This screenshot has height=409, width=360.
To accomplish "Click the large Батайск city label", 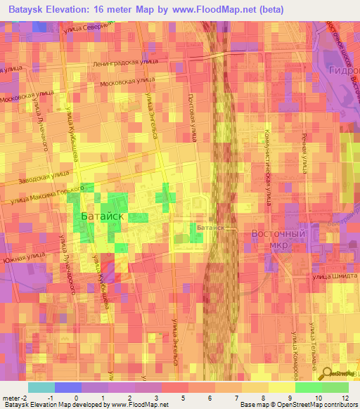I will [103, 216].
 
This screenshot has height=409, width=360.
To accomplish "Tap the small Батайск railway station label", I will [210, 228].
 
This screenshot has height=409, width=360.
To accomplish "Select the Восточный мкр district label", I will [279, 238].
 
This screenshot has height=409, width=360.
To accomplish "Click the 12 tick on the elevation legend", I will [346, 398].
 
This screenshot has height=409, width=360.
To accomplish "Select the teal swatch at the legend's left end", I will [41, 387].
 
